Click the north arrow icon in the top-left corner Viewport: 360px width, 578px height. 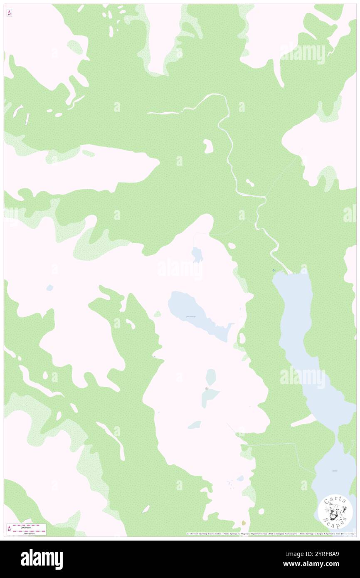9,13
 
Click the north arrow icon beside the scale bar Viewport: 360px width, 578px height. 9,529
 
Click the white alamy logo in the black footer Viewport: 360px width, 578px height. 42,559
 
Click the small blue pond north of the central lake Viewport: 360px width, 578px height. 197,254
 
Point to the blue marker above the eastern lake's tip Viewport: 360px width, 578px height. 273,270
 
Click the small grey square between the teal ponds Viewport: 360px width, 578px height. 206,388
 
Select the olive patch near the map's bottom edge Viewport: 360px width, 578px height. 244,523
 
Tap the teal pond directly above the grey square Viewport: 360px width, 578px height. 211,377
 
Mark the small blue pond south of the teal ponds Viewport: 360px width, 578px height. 194,425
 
